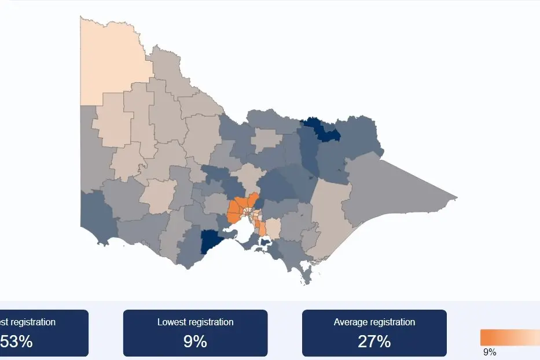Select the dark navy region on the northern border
click(322, 129)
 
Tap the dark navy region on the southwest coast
click(211, 243)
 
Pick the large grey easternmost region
click(394, 191)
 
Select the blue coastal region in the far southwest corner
click(95, 214)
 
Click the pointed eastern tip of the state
click(456, 199)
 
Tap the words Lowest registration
click(195, 322)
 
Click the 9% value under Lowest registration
click(195, 341)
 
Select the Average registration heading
click(374, 322)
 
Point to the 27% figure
click(374, 341)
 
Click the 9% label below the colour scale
click(490, 352)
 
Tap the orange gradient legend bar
click(509, 337)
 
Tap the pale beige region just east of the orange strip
click(273, 227)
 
